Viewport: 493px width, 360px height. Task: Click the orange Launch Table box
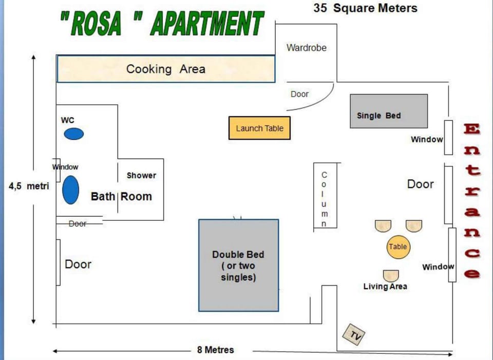click(x=259, y=128)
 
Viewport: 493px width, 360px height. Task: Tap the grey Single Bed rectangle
click(x=389, y=111)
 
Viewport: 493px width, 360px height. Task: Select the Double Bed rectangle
click(x=239, y=266)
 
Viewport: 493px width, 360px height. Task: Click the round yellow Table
click(x=399, y=247)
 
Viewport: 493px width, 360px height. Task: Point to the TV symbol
click(x=354, y=334)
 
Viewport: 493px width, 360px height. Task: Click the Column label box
click(x=325, y=195)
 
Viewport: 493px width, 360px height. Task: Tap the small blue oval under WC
click(x=74, y=134)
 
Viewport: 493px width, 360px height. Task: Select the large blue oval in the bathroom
click(x=71, y=190)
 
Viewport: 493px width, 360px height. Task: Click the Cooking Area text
click(x=166, y=69)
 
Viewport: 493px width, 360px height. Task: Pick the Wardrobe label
click(x=307, y=48)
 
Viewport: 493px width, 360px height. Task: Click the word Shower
click(x=142, y=176)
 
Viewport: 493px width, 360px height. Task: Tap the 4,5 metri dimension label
click(x=29, y=186)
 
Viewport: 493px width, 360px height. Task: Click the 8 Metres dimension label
click(x=216, y=350)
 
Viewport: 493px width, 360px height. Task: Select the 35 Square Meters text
click(x=365, y=8)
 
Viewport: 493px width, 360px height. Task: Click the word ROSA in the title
click(x=96, y=24)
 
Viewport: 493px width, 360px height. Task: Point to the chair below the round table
click(x=391, y=276)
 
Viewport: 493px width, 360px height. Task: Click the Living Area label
click(x=385, y=287)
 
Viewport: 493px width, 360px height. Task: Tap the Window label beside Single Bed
click(x=427, y=139)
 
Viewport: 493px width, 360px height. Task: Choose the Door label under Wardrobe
click(x=299, y=94)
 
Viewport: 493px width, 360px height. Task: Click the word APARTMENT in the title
click(x=207, y=23)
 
